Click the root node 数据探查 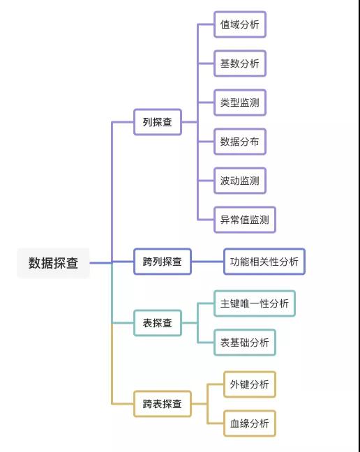53,263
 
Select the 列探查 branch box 157,122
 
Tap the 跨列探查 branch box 162,262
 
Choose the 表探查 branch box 157,323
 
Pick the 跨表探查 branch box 162,403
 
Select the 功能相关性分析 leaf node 264,262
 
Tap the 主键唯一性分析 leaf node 254,303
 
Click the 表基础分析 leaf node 244,342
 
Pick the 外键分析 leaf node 249,384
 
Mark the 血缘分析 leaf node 249,423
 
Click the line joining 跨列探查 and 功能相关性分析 207,262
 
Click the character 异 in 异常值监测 225,220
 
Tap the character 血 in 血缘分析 234,423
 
